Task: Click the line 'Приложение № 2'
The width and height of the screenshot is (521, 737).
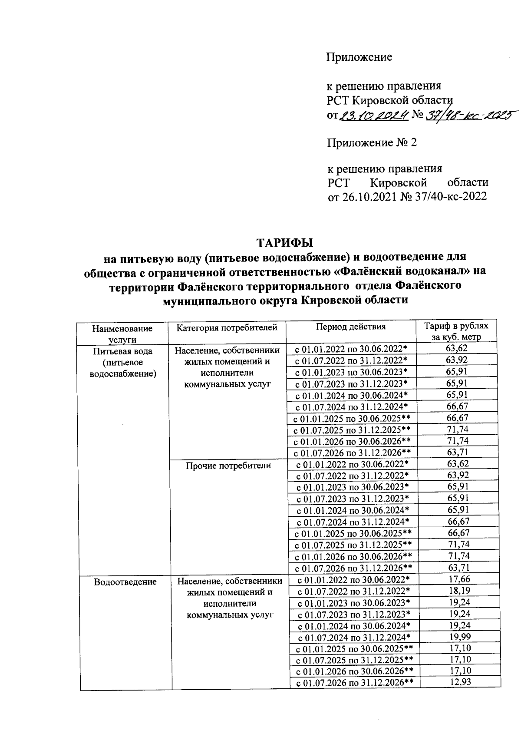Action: [x=372, y=143]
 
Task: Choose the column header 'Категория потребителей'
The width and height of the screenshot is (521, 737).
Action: [x=227, y=327]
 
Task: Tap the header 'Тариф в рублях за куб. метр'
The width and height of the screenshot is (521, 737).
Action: [x=456, y=331]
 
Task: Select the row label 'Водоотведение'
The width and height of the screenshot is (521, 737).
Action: [x=125, y=582]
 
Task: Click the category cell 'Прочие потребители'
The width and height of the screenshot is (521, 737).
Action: [x=228, y=466]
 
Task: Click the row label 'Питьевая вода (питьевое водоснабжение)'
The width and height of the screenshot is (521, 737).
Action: [x=122, y=362]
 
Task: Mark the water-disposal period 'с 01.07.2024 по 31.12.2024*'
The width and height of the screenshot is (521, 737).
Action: [x=354, y=637]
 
